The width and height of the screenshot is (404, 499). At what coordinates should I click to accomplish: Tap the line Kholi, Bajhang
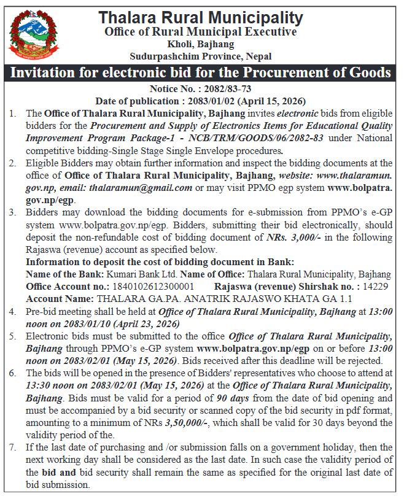[x=200, y=44]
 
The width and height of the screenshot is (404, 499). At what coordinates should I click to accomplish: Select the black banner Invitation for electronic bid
[x=201, y=72]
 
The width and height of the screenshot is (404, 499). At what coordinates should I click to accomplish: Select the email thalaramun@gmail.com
[x=141, y=187]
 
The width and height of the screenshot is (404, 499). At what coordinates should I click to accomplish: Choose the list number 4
[x=13, y=311]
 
